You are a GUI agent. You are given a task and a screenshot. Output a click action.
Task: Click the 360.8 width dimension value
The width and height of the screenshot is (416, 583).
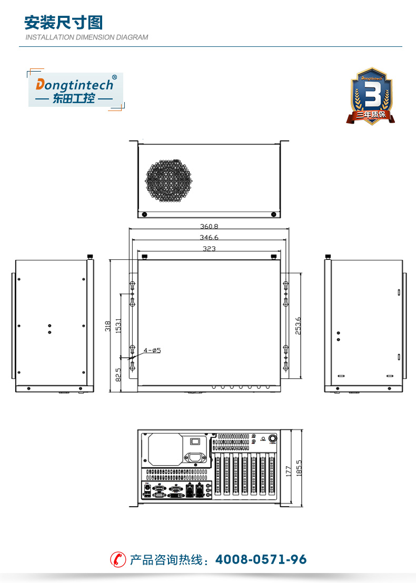coord(209,226)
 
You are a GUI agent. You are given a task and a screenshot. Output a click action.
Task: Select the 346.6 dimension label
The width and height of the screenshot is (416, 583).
coord(209,237)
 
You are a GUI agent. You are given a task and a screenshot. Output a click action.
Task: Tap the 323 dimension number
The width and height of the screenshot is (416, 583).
coord(209,248)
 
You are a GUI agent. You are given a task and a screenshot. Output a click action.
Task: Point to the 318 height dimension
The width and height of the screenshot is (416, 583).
coord(107,326)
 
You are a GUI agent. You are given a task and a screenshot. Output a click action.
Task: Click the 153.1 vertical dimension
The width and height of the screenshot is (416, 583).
coord(118,326)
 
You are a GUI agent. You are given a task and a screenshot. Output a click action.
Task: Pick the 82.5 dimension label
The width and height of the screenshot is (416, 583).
coord(118,375)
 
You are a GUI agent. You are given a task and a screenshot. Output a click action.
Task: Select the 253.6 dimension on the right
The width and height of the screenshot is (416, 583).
coord(298,326)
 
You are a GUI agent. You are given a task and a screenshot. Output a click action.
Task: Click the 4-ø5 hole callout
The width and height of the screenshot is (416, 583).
coord(152,350)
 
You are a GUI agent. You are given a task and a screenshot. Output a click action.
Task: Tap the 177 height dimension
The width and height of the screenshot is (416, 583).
coord(289,471)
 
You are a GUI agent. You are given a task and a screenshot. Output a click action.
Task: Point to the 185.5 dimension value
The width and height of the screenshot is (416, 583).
coord(299,468)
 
